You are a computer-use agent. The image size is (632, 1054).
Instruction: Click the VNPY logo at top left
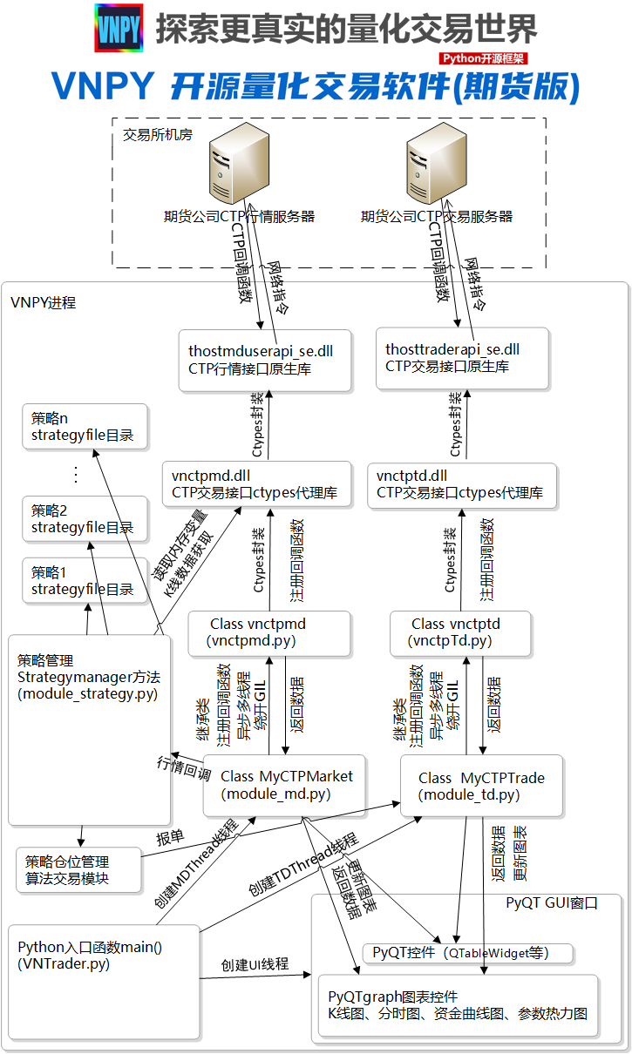(119, 29)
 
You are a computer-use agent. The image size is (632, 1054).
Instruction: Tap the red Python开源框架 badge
(484, 58)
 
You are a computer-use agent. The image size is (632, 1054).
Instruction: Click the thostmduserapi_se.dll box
(264, 360)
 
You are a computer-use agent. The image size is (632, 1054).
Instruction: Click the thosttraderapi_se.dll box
(462, 358)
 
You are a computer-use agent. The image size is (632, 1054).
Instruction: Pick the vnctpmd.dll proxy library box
(257, 485)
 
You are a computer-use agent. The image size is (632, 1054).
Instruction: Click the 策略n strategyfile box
(85, 427)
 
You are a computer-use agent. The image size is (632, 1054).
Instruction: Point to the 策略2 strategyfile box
(85, 519)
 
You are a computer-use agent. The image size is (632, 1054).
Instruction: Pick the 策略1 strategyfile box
(85, 581)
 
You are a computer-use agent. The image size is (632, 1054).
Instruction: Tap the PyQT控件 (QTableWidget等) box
(468, 953)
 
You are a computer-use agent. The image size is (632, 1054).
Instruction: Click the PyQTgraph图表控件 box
(458, 1005)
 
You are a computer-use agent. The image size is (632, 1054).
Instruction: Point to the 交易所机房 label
(158, 135)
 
